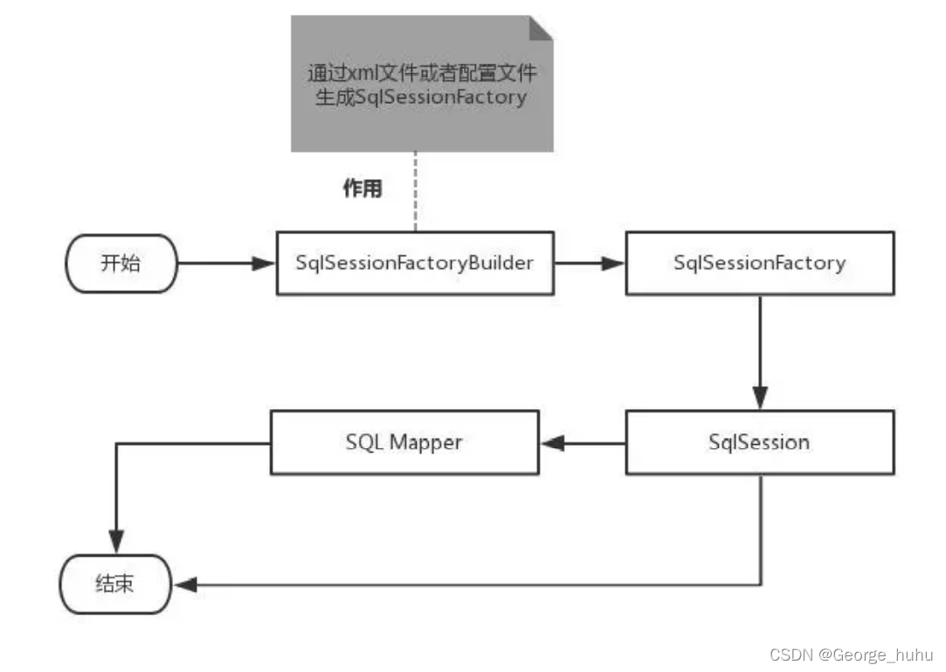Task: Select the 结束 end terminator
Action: [114, 584]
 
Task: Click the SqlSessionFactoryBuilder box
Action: [414, 263]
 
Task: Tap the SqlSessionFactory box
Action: [759, 263]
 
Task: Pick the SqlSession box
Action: [759, 442]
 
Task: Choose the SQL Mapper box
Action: [404, 442]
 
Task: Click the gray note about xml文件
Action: [422, 84]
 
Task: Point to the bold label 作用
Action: [362, 189]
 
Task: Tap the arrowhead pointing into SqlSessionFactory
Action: [614, 263]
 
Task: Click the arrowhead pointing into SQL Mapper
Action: [551, 443]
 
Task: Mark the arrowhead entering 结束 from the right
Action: [184, 585]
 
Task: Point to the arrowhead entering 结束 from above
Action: [115, 544]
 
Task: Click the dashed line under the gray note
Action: [414, 192]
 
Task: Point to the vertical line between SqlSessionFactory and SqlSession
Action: [759, 341]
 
